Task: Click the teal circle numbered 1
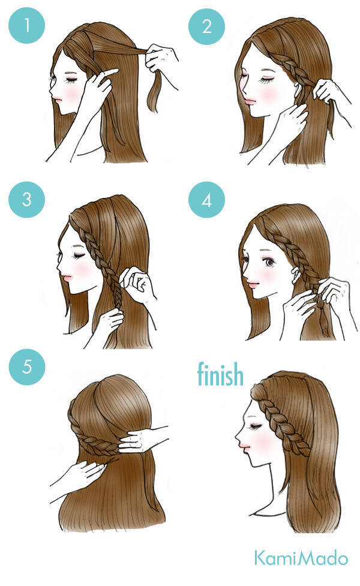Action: (x=26, y=26)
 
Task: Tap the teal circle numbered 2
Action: (x=207, y=26)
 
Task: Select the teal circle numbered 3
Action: (x=26, y=200)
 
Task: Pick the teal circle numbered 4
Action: (x=207, y=200)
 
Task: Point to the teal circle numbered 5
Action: (x=27, y=366)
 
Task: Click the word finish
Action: (x=220, y=374)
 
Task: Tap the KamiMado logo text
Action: (x=301, y=558)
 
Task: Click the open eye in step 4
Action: (x=269, y=262)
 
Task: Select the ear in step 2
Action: (x=298, y=91)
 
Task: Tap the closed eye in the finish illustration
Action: (x=256, y=426)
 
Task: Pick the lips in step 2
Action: (x=250, y=100)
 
